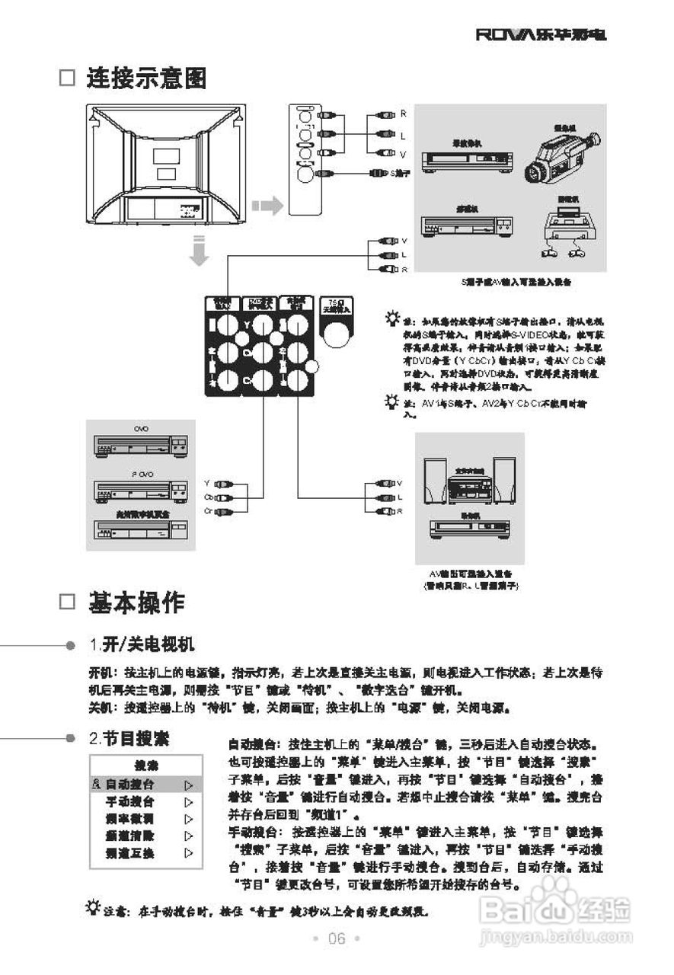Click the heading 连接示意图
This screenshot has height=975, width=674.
[x=145, y=78]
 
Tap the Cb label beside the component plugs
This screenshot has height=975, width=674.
[x=208, y=497]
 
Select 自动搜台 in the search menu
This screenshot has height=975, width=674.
[x=130, y=784]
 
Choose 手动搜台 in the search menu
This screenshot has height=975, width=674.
[x=130, y=801]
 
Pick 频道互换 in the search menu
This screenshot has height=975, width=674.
[x=130, y=853]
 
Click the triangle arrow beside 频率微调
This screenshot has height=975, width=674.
[x=188, y=819]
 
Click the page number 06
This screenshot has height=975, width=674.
[x=337, y=938]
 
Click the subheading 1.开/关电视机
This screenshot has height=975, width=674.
[x=142, y=645]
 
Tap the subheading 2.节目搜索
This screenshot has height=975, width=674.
[x=129, y=738]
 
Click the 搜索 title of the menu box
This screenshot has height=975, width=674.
[x=145, y=766]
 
